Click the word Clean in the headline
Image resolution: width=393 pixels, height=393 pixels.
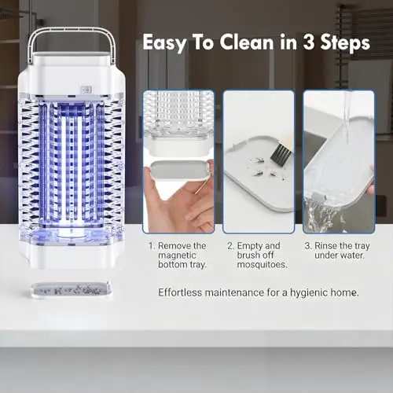tap(247, 42)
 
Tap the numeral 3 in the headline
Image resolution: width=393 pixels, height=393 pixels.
tap(309, 42)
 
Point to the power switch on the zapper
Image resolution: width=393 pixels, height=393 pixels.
tap(86, 90)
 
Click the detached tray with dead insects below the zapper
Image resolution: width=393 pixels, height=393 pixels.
tap(71, 289)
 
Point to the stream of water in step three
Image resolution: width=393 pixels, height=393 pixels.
tap(347, 116)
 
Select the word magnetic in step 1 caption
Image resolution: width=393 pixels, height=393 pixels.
tap(177, 255)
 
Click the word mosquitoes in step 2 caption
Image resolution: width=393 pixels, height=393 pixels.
tap(262, 265)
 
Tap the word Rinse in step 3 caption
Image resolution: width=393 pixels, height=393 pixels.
tap(325, 246)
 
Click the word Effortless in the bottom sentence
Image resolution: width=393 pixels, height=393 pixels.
tap(180, 292)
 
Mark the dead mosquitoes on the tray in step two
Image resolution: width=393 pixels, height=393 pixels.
tap(265, 169)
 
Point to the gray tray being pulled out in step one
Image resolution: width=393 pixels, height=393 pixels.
tap(179, 171)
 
